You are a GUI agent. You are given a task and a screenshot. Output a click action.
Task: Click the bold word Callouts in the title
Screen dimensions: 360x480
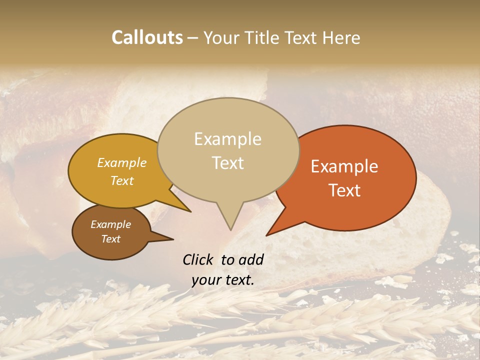point(147,37)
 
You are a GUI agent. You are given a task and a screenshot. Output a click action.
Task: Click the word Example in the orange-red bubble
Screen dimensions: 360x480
point(344,166)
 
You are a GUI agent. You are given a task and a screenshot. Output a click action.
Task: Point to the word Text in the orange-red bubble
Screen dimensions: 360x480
point(344,190)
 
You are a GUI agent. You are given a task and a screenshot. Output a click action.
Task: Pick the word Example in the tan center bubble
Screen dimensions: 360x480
point(227,139)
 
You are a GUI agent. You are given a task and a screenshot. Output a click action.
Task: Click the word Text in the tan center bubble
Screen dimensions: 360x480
point(227,163)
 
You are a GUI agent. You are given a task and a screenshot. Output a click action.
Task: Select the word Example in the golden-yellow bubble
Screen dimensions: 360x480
point(122,162)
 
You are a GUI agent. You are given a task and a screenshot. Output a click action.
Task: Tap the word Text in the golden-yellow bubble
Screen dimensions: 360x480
point(122,180)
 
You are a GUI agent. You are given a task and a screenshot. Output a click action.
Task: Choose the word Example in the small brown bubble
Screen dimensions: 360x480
point(110,224)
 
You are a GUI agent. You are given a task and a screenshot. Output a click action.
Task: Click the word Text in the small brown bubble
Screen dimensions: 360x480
point(110,239)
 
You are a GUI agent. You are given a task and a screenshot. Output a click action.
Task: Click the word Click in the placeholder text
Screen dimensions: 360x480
point(198,259)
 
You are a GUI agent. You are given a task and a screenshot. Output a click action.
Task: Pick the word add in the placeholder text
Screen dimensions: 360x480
point(251,259)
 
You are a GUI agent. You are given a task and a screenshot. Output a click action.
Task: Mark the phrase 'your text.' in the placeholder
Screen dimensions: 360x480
point(222,280)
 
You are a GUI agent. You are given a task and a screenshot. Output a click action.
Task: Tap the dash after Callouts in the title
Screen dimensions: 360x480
point(194,37)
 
